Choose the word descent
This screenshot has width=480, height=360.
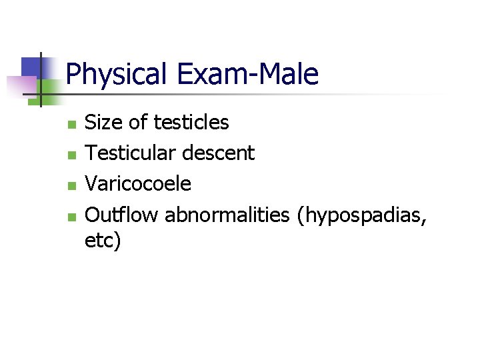click(219, 153)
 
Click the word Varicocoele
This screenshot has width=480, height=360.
click(139, 183)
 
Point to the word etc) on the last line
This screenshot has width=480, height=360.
click(103, 240)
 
